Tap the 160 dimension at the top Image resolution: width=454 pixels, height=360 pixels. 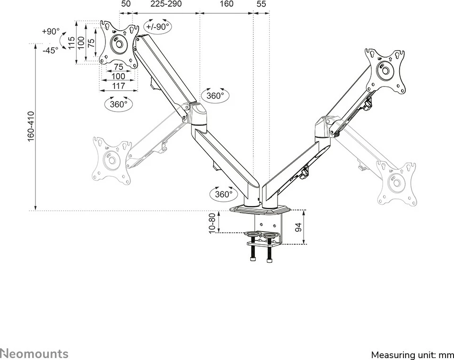tap(227, 4)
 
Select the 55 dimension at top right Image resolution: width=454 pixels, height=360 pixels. tap(261, 4)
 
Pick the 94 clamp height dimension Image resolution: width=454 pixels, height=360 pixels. tap(298, 227)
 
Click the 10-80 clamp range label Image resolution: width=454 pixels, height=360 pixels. tap(212, 223)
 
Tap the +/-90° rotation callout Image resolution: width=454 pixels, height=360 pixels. tap(157, 27)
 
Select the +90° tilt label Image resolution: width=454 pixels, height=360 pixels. tap(51, 32)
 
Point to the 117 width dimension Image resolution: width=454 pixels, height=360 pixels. tap(118, 86)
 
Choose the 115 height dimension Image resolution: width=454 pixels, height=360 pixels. tap(71, 43)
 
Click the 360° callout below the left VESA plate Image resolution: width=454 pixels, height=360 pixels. tap(118, 104)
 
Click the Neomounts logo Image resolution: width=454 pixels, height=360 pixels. tap(34, 353)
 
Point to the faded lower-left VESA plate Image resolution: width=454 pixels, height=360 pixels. tap(112, 161)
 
